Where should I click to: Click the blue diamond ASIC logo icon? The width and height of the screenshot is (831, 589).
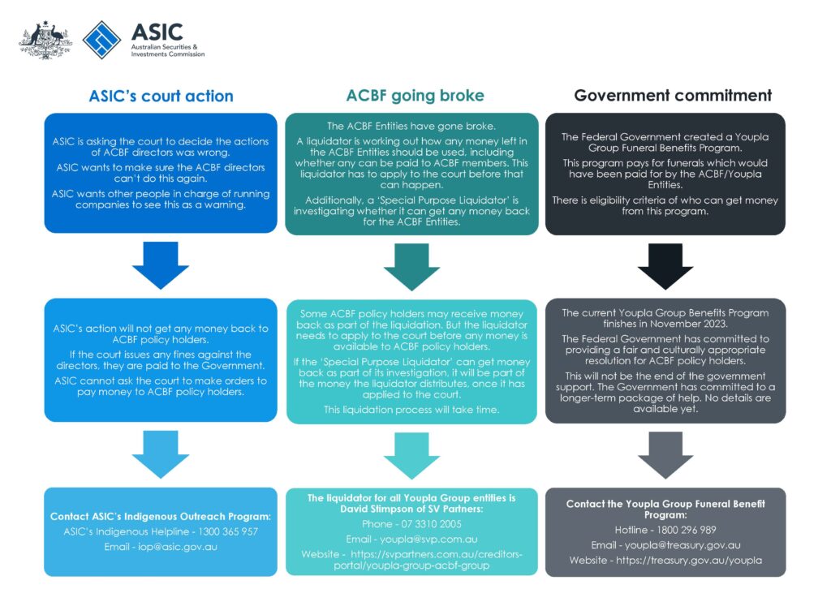point(102,40)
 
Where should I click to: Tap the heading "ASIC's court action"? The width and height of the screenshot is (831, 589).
point(161,96)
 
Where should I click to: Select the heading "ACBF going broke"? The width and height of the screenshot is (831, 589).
point(415,95)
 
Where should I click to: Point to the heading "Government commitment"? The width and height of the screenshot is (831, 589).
point(673,95)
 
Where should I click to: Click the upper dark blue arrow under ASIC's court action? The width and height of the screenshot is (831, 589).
point(160,264)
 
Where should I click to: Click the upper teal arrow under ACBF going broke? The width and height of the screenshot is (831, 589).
point(411,265)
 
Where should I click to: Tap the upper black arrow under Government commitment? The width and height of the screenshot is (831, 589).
point(665,265)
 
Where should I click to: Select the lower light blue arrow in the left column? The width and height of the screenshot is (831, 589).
point(160,454)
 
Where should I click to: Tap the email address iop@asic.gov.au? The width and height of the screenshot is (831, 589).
point(183,546)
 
